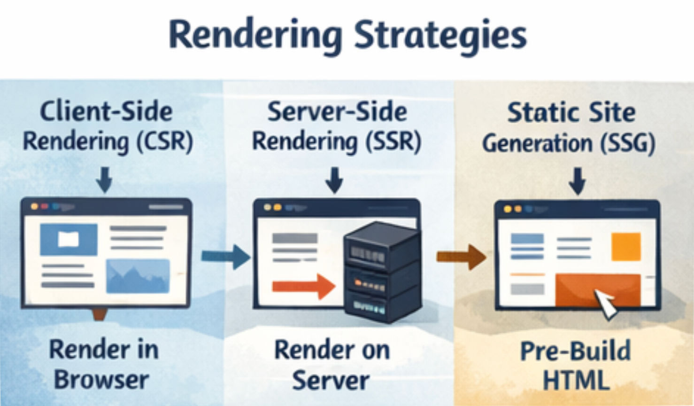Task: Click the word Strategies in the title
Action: [x=440, y=36]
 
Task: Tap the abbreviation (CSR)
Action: [x=164, y=141]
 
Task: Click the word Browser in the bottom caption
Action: [x=101, y=380]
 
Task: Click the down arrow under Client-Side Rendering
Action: [x=104, y=180]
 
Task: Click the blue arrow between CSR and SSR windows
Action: [x=226, y=257]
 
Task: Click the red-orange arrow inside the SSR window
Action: [x=303, y=286]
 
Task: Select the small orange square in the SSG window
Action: [x=626, y=246]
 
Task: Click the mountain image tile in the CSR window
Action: [x=138, y=276]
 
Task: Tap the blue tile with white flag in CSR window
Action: [x=69, y=240]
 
